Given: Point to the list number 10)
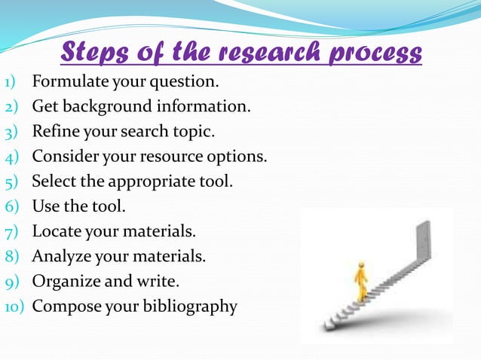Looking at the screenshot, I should click(15, 307).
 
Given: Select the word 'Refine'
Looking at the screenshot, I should click(54, 131).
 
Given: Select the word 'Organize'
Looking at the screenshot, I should click(64, 282).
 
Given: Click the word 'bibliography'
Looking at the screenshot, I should click(191, 307).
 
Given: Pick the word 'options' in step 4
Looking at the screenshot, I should click(239, 157).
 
